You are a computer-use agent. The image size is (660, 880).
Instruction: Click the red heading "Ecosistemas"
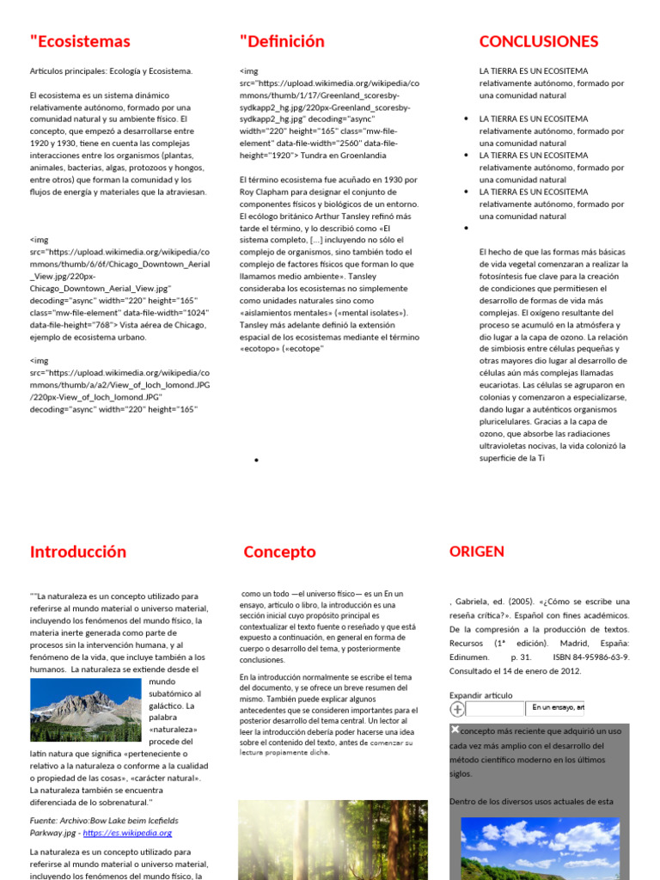coord(80,41)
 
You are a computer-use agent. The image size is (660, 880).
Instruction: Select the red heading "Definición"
coord(282,41)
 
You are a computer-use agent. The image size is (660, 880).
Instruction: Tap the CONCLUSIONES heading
coord(538,41)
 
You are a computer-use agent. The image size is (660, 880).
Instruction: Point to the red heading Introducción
coord(78,552)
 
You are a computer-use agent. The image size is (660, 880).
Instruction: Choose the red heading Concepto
coord(279,552)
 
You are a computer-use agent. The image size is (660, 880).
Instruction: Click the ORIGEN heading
coord(477,552)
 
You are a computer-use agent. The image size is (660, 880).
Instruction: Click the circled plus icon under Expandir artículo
coord(457,709)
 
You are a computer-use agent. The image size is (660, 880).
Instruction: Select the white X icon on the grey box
coord(455,730)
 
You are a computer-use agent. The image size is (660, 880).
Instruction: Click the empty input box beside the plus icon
coord(495,709)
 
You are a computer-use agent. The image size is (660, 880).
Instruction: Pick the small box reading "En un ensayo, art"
coord(555,708)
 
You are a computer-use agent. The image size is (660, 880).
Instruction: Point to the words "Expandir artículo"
coord(480,695)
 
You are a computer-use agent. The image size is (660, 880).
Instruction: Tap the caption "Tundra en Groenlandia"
coord(342,156)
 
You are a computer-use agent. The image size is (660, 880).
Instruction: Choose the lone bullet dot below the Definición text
coord(256,461)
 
